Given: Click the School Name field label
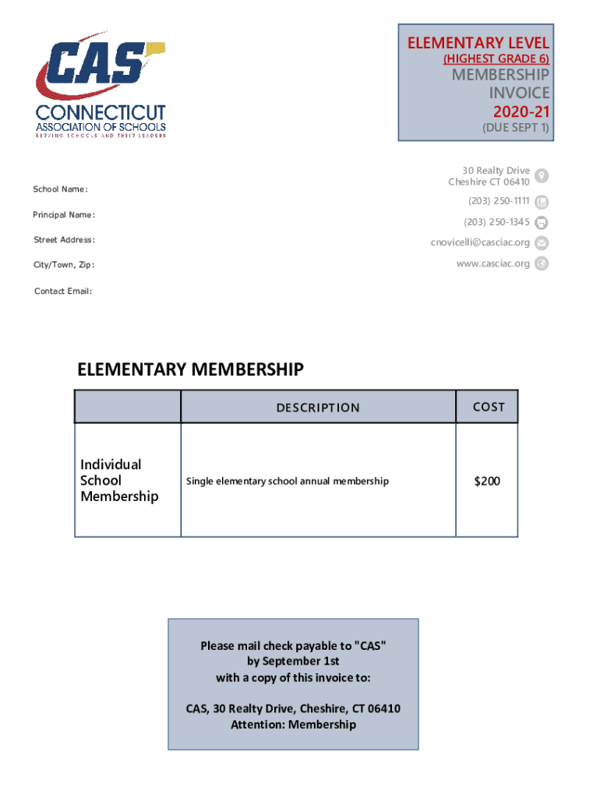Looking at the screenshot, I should [60, 189].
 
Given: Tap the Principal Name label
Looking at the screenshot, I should [64, 214].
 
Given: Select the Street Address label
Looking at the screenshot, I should [64, 239].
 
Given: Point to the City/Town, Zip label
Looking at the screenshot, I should [64, 265].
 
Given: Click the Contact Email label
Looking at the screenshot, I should [63, 291].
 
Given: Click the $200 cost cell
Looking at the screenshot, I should [487, 481].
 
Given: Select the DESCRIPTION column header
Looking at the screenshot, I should [318, 408].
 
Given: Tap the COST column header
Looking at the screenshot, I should [489, 407].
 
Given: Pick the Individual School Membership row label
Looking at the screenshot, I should [119, 480].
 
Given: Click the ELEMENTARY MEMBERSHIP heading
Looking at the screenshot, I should [190, 369].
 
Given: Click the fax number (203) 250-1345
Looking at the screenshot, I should [497, 222].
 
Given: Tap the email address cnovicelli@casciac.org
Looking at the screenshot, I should [480, 243].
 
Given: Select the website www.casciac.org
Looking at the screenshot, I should [493, 263].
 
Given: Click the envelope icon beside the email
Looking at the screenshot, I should [542, 243].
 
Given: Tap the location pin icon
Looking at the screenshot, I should [542, 176].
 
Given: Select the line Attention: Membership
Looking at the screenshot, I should [293, 725].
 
